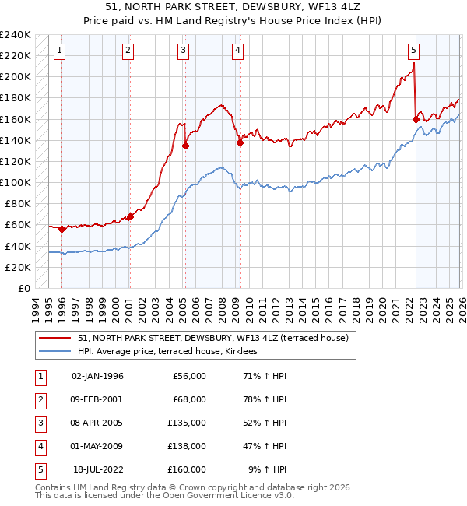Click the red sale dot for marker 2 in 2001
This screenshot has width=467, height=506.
coord(130,217)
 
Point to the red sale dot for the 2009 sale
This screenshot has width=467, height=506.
coord(240,142)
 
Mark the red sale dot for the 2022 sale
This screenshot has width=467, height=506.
coord(416,119)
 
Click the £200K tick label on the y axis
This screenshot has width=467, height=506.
coord(16,77)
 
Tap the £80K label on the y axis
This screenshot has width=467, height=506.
coord(18,204)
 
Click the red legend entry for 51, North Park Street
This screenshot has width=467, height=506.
coord(218,338)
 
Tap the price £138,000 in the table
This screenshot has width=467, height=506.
coord(186,446)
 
